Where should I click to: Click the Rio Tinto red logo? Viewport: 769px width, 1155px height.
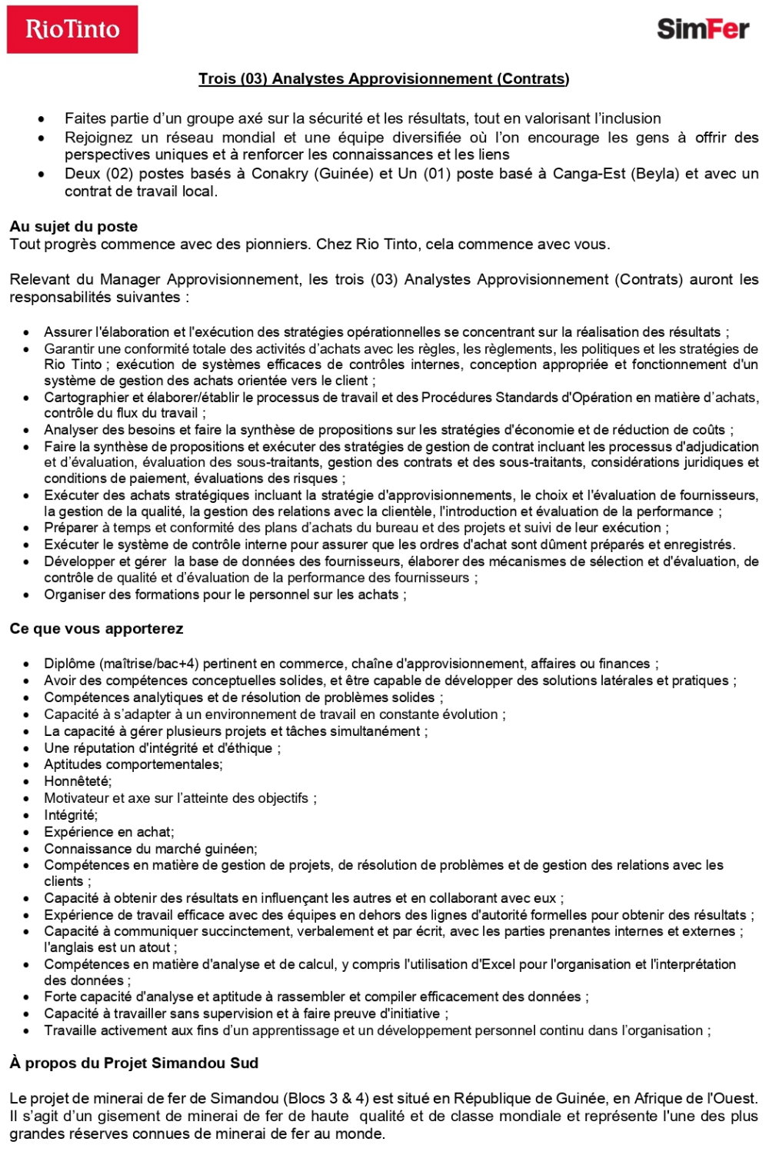click(x=72, y=29)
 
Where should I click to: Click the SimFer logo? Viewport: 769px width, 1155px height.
click(x=703, y=29)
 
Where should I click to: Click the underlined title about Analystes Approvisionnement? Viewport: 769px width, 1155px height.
click(x=384, y=78)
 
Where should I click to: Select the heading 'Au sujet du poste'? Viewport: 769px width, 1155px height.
click(x=74, y=226)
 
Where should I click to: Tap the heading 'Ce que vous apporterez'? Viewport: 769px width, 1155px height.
click(x=96, y=628)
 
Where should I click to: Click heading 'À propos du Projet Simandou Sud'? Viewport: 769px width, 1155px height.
click(x=134, y=1063)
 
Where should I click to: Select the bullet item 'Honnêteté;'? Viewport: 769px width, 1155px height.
click(x=78, y=781)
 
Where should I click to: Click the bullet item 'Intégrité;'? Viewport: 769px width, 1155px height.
click(x=71, y=815)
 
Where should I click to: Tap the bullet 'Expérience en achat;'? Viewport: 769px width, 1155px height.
click(x=109, y=832)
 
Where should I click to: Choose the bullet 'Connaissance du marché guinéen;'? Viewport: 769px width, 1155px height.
click(x=151, y=849)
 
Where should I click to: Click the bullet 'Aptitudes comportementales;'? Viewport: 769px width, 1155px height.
click(x=133, y=764)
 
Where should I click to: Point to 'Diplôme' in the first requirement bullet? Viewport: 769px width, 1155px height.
click(x=69, y=664)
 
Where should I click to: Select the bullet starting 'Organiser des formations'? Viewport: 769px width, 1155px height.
click(x=225, y=594)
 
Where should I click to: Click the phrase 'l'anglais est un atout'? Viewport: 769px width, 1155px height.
click(x=109, y=947)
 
